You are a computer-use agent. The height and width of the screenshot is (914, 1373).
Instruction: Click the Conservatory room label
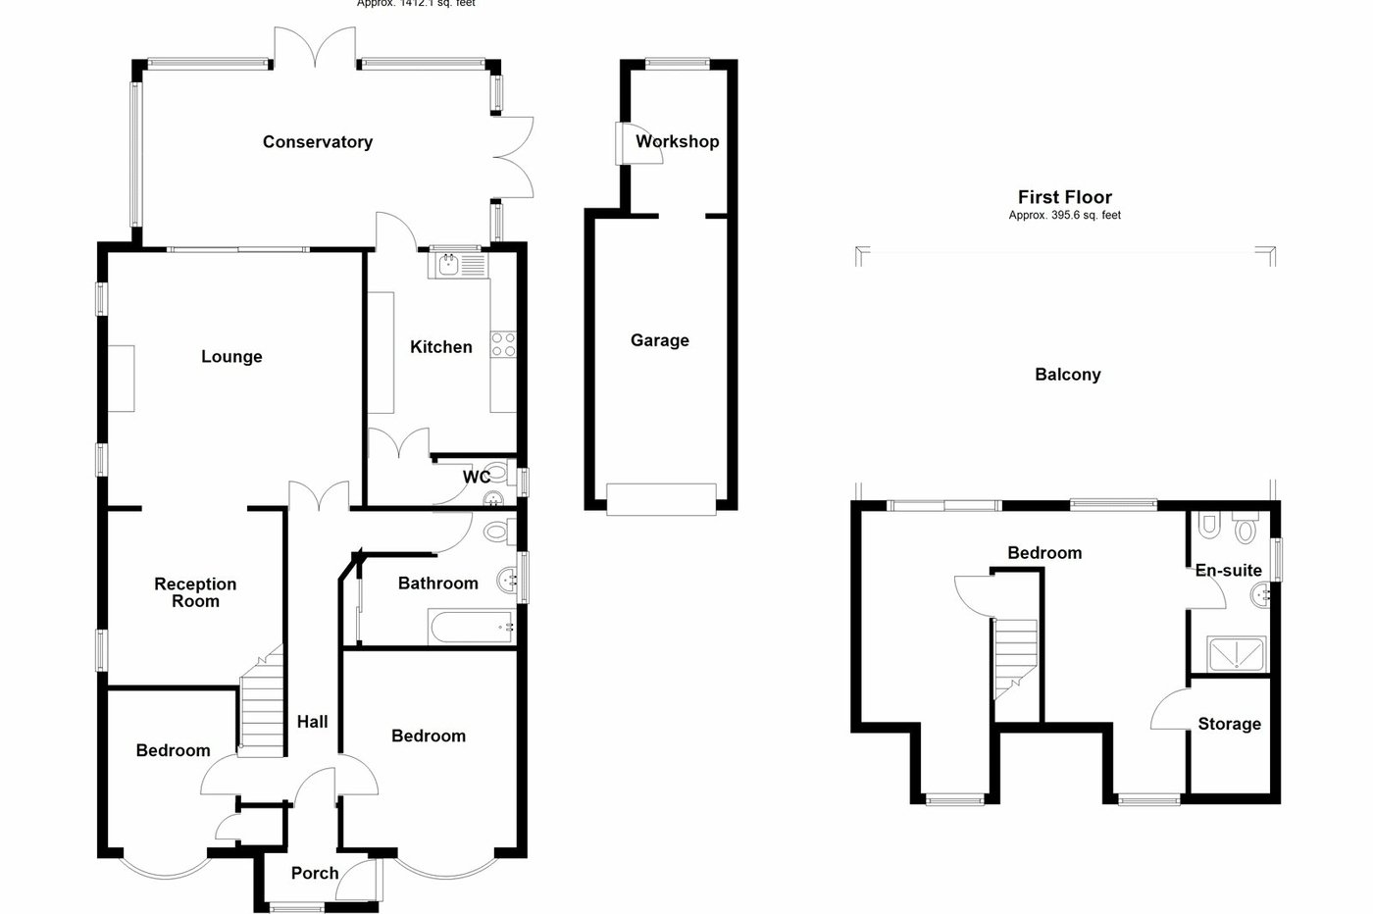coord(318,142)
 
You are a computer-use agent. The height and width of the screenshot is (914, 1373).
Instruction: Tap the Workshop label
coord(678,141)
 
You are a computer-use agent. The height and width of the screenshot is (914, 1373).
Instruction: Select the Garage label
coord(660,340)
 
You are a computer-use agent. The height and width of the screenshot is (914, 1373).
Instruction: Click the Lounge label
coord(231,357)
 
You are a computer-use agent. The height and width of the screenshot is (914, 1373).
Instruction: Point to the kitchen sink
coord(450,264)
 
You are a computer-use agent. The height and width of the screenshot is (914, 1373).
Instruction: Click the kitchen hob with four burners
coord(503,343)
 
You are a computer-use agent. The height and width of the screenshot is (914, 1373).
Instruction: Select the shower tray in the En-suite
coord(1237,654)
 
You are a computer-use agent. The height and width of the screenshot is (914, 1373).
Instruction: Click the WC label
coord(477,478)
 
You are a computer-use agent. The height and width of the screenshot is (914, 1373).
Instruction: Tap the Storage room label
coord(1230,725)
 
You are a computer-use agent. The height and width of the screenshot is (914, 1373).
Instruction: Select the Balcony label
coord(1068,375)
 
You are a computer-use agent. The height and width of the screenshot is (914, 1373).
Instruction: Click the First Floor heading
coord(1065,197)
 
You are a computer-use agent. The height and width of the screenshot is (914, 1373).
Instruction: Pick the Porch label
coord(315,873)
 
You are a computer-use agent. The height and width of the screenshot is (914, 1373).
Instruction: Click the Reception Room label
coord(195,592)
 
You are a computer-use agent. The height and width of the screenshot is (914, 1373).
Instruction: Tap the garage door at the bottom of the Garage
coord(660,498)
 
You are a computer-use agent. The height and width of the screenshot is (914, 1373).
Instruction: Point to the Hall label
coord(313,722)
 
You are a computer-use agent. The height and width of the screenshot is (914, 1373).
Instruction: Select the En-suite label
coord(1228,570)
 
